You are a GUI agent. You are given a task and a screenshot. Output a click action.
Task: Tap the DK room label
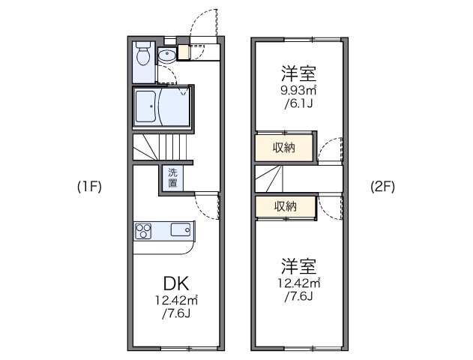[176, 283]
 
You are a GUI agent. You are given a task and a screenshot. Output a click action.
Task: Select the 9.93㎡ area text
[298, 91]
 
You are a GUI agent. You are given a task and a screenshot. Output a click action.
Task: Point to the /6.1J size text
[298, 105]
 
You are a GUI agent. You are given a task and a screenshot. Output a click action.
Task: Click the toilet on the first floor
[144, 56]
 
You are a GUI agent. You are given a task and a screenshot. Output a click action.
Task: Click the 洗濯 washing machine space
[172, 178]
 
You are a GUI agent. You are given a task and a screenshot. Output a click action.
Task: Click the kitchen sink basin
[181, 229]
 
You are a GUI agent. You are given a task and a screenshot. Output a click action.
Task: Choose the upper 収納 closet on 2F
[283, 148]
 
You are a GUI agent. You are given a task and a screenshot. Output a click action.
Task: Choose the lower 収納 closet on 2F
[283, 206]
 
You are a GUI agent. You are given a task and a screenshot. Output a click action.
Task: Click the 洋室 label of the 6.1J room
[298, 74]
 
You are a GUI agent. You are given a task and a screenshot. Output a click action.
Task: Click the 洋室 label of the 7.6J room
[298, 265]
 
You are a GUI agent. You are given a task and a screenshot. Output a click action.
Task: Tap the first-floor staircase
[163, 148]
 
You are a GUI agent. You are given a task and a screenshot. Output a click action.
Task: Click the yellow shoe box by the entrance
[184, 54]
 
